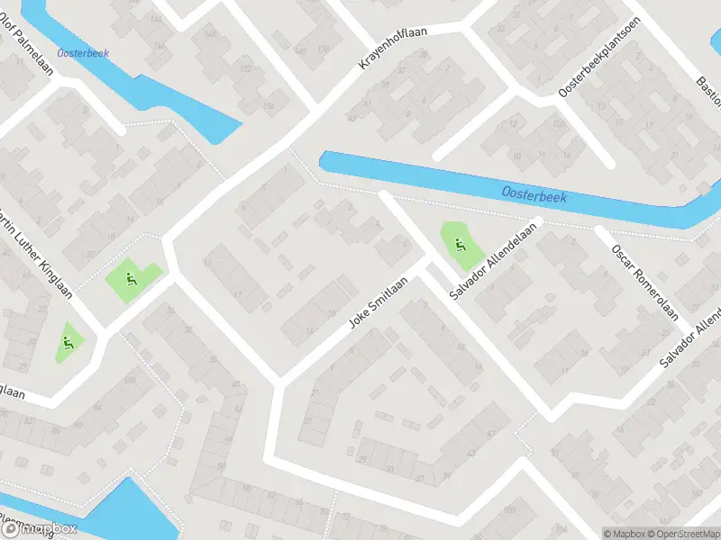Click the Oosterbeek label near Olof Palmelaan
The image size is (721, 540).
pos(83,53)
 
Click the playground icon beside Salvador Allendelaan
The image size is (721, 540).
pos(461,243)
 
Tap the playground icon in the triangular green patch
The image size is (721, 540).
pos(68,342)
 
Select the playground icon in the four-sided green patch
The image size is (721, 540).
pos(132,280)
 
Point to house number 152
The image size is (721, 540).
pos(245,68)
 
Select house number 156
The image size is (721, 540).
pos(268,106)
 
